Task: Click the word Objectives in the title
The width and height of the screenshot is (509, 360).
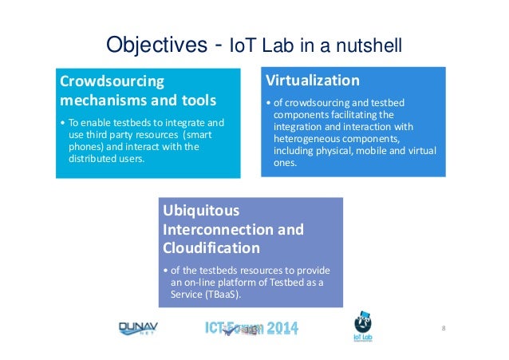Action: point(153,42)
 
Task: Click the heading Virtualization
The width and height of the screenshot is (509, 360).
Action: point(312,81)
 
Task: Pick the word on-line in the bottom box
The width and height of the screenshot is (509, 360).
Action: point(201,282)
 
